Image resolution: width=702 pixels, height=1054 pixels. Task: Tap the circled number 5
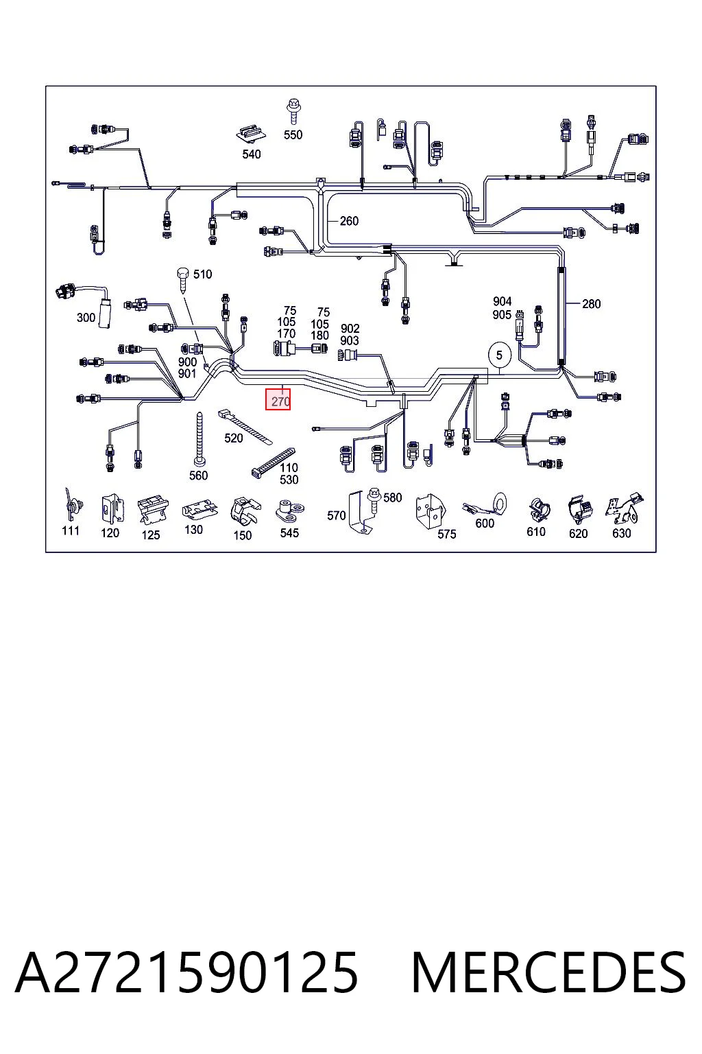(499, 355)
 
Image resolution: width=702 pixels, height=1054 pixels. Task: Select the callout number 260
(349, 221)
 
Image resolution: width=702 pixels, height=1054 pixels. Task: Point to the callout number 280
(591, 303)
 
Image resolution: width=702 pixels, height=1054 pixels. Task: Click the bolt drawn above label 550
(293, 111)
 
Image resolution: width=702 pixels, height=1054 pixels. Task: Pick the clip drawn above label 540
(252, 134)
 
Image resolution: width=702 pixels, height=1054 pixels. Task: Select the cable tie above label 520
(245, 425)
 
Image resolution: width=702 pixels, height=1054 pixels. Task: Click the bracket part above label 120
(112, 508)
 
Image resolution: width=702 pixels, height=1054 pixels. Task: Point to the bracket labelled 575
(429, 511)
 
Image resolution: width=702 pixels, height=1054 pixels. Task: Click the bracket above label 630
(625, 508)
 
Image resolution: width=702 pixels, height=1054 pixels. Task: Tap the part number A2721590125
(186, 972)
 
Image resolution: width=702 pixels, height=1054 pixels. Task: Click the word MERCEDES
(548, 972)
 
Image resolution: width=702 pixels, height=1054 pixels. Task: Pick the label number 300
(86, 318)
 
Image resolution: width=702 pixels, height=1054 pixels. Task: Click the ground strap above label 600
(485, 505)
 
